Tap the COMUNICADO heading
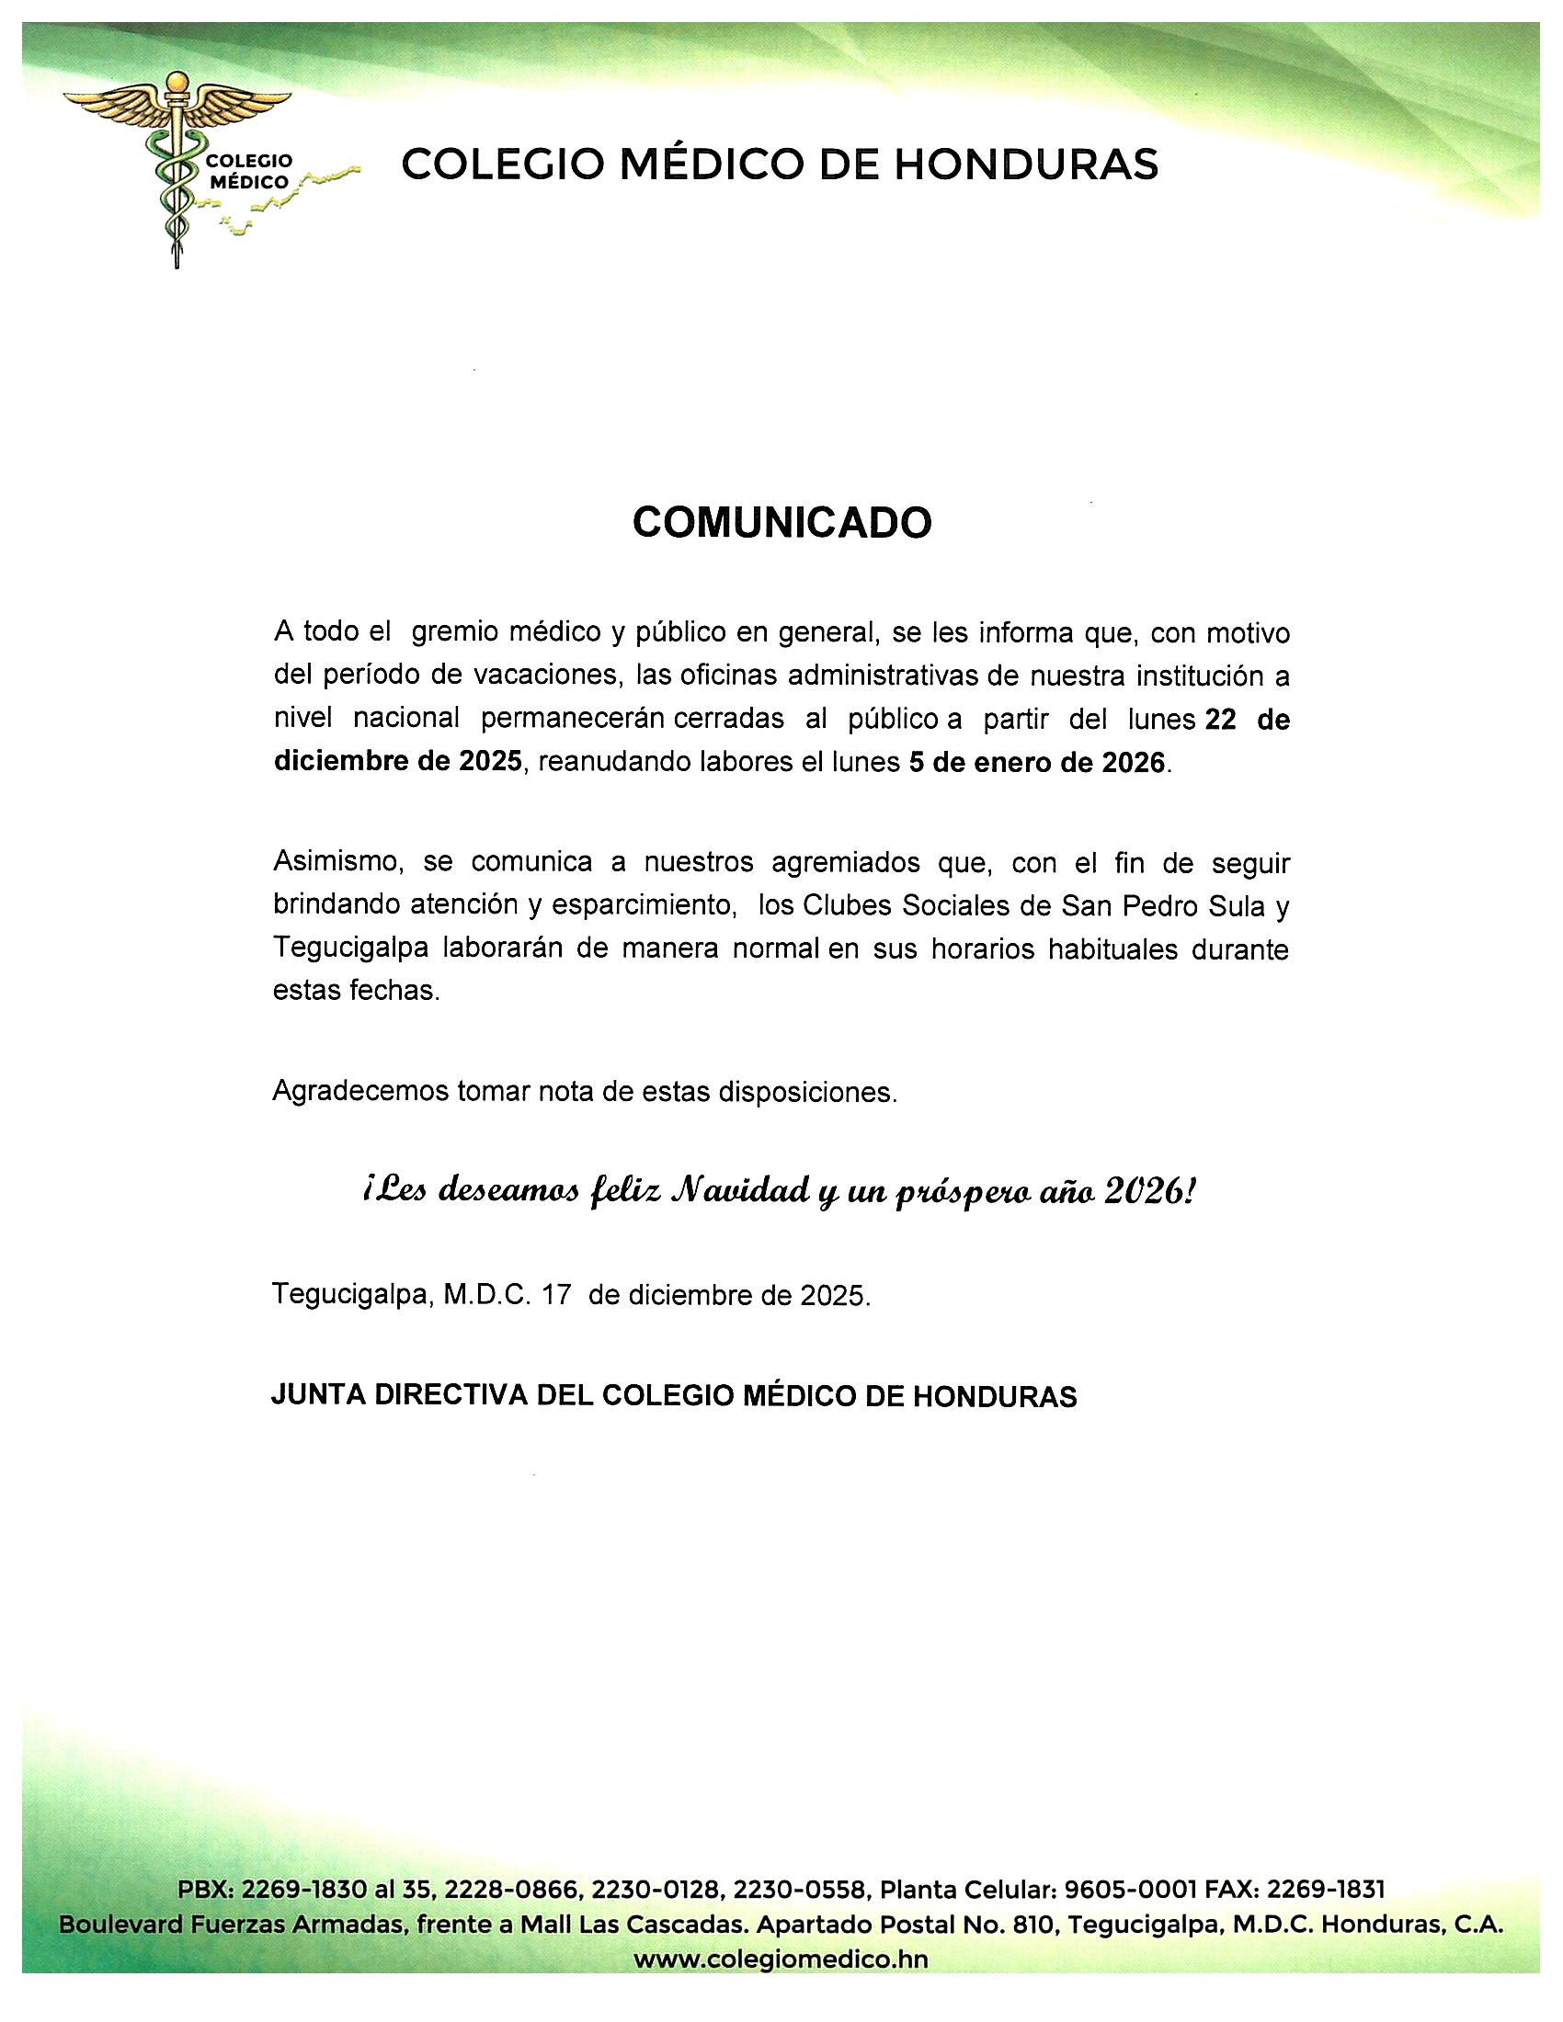click(781, 523)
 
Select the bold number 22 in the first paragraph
click(1220, 720)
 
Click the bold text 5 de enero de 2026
click(1036, 762)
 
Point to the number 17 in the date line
click(556, 1294)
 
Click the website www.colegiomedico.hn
click(781, 1960)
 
